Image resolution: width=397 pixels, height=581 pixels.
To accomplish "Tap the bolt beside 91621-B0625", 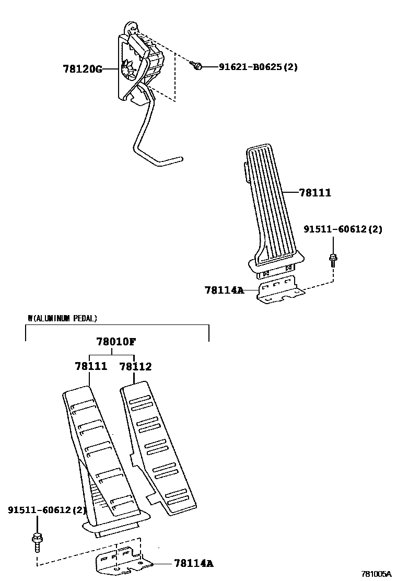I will pos(196,66).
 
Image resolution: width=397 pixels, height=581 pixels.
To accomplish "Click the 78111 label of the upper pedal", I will pos(315,193).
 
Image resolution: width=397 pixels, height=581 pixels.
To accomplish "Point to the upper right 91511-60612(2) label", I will pos(343,229).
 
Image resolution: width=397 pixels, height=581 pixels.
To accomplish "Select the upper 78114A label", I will pos(224,289).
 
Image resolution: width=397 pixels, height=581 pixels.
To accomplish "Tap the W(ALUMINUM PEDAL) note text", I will pos(62,318).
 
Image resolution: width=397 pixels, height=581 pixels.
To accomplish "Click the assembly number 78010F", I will pos(116,342).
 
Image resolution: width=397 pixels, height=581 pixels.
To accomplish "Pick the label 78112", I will pos(135,366).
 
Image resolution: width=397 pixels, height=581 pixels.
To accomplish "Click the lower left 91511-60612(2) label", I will pos(47,509).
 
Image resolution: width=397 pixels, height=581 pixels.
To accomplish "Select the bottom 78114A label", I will pos(193,563).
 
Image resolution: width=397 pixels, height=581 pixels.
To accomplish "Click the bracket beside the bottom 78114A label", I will pos(121,560).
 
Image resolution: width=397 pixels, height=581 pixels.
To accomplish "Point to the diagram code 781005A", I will pos(377,573).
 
